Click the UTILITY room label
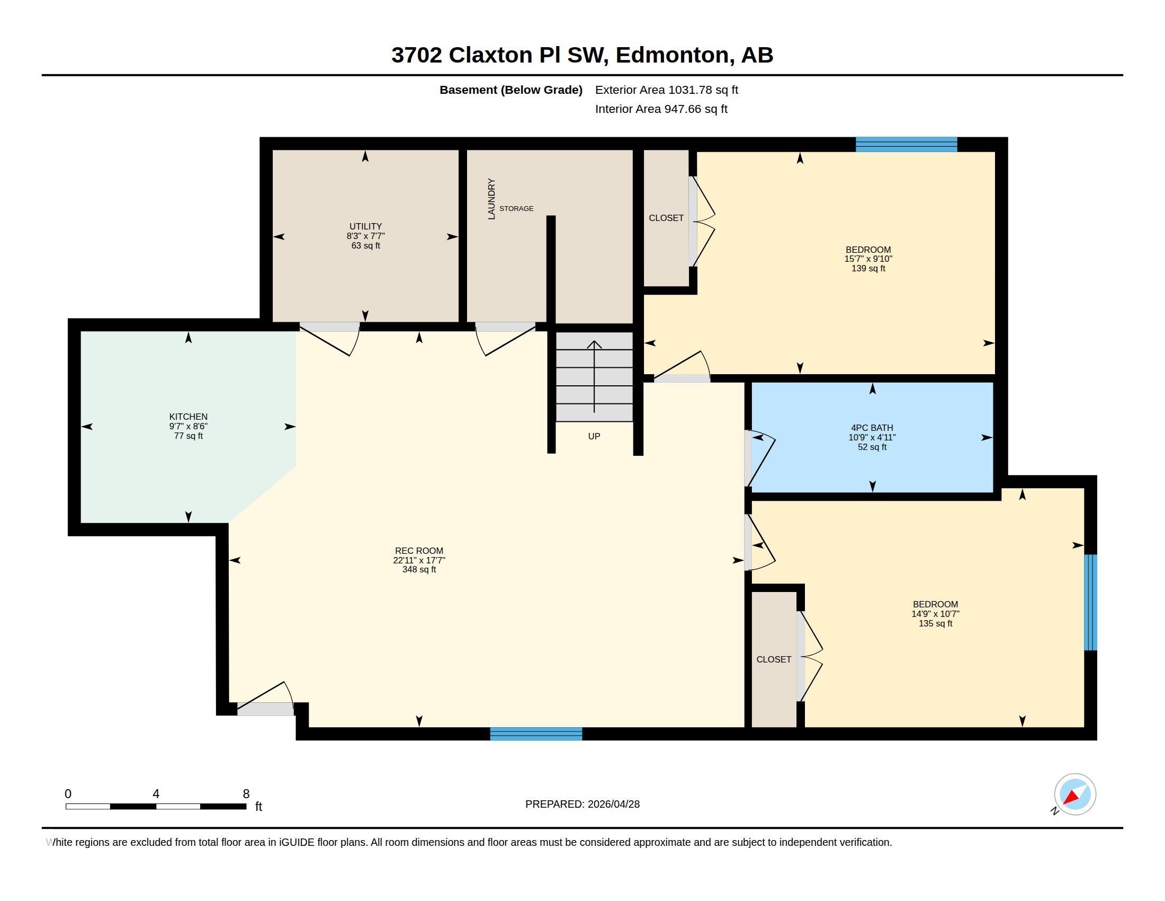click(x=365, y=226)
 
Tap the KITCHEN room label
click(x=189, y=417)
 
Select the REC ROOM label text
click(x=419, y=551)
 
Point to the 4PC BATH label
click(x=872, y=428)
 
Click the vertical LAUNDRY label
click(x=491, y=199)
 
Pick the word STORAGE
click(x=516, y=209)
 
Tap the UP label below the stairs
click(x=594, y=436)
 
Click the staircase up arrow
click(x=594, y=376)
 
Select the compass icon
click(x=1075, y=794)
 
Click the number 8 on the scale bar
click(x=246, y=794)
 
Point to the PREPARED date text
click(x=582, y=804)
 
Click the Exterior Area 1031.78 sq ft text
click(x=666, y=90)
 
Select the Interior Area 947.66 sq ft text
click(x=661, y=109)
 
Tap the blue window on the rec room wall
click(x=536, y=734)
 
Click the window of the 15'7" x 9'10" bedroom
click(x=906, y=145)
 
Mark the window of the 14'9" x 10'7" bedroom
click(x=1091, y=602)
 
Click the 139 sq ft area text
click(x=868, y=269)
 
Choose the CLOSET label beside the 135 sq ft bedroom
click(x=774, y=660)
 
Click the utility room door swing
click(x=330, y=340)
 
